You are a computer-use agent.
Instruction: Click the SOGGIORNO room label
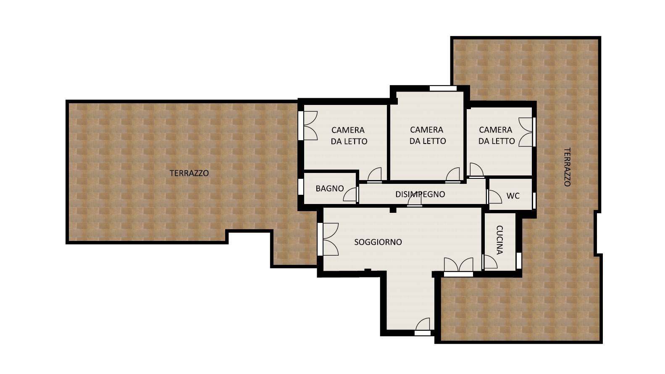[378, 242]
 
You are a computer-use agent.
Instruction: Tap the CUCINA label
[499, 240]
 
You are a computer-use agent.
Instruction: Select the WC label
[513, 196]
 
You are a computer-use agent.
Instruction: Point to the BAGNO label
[329, 188]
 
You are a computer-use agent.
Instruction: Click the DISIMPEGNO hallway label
[420, 194]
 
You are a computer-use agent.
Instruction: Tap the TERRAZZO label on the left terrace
[189, 173]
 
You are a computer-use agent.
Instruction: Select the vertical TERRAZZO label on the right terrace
[567, 167]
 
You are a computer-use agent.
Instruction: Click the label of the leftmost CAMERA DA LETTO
[349, 136]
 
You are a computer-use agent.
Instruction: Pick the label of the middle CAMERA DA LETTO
[428, 135]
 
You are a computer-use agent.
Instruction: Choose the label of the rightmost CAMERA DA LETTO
[497, 135]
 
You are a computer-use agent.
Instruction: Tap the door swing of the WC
[494, 196]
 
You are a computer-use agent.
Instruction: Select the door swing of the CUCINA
[489, 262]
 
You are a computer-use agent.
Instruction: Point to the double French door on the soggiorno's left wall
[328, 239]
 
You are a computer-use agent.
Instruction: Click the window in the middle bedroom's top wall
[443, 89]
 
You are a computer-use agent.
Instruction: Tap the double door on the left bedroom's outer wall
[308, 126]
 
